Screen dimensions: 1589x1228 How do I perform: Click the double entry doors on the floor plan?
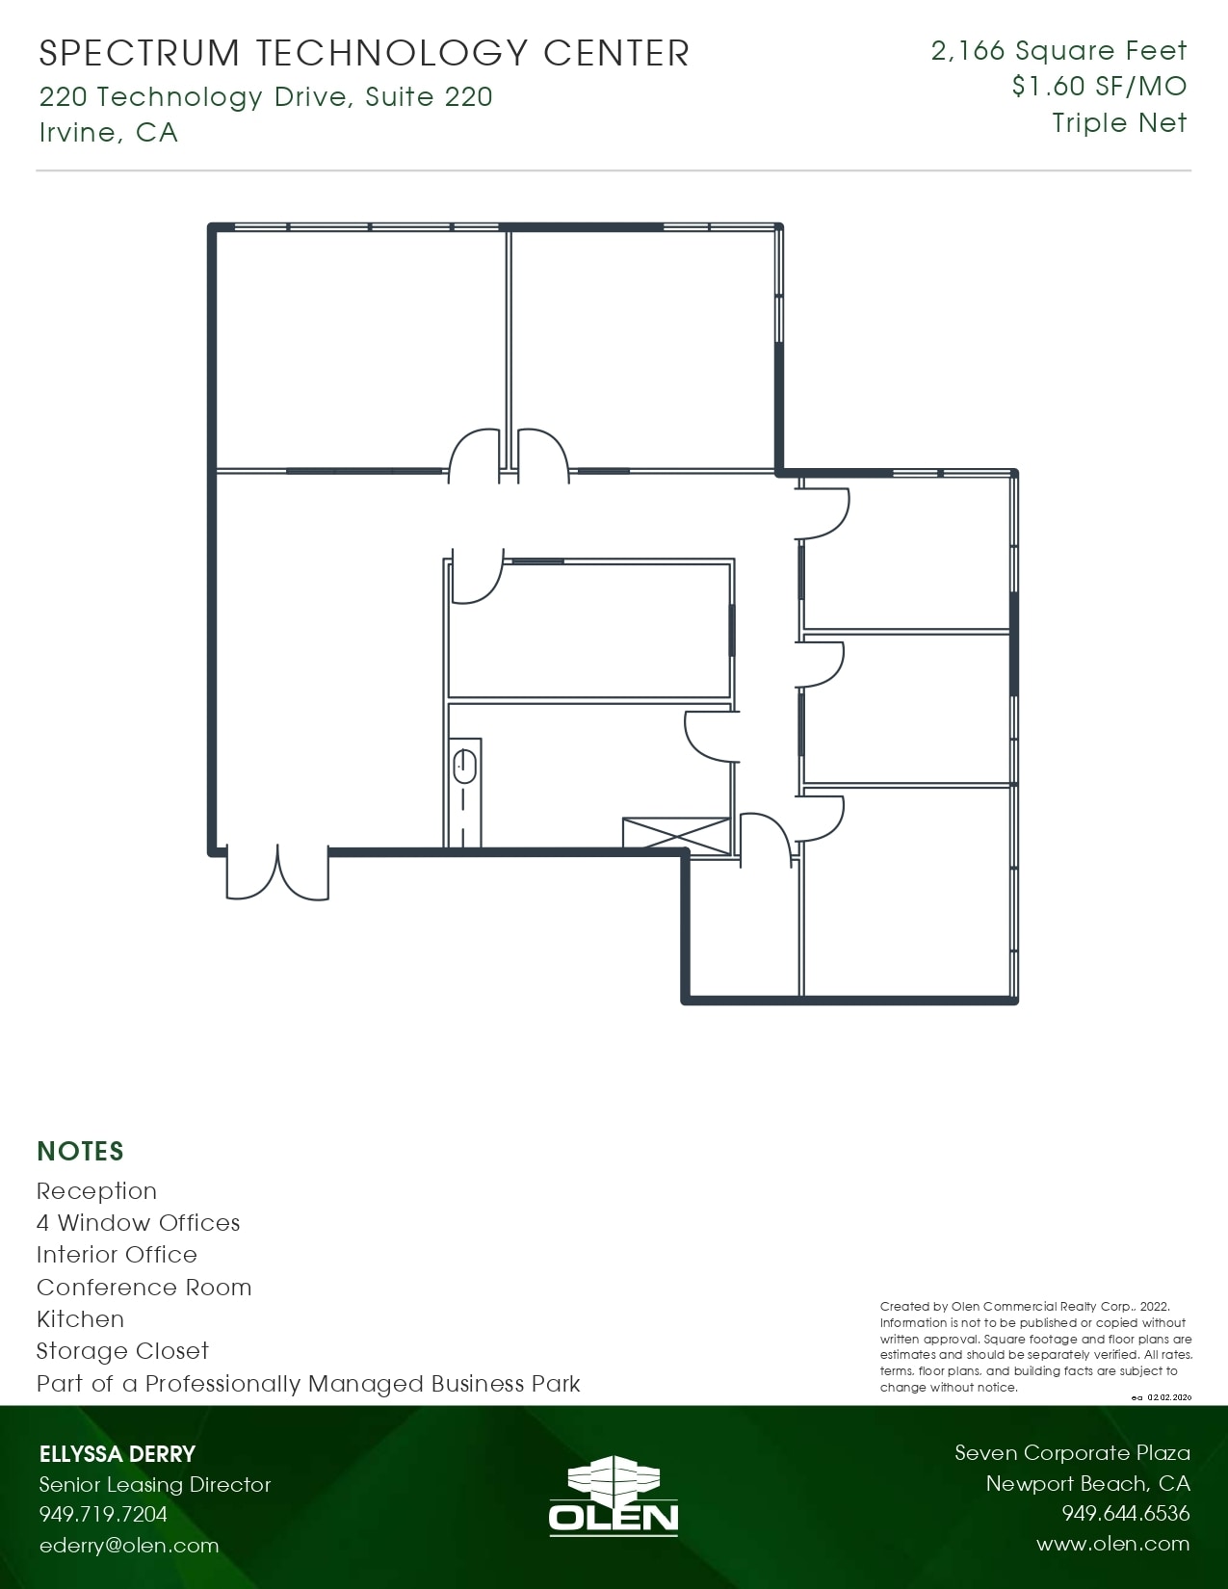pyautogui.click(x=277, y=873)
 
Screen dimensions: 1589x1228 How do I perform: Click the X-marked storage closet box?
pyautogui.click(x=676, y=834)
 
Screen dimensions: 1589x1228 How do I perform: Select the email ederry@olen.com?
pyautogui.click(x=129, y=1546)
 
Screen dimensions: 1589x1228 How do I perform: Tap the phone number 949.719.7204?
pyautogui.click(x=103, y=1515)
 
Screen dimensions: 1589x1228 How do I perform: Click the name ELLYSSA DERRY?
pyautogui.click(x=118, y=1454)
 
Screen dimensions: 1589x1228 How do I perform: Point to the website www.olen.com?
pyautogui.click(x=1112, y=1544)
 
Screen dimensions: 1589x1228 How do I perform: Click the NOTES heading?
pyautogui.click(x=81, y=1152)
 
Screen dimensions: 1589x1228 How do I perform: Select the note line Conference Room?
pyautogui.click(x=144, y=1288)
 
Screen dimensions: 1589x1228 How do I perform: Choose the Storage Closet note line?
pyautogui.click(x=123, y=1351)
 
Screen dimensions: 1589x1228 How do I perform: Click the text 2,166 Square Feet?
pyautogui.click(x=1058, y=51)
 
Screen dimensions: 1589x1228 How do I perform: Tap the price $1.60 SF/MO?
pyautogui.click(x=1099, y=87)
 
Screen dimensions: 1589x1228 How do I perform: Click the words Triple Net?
pyautogui.click(x=1119, y=123)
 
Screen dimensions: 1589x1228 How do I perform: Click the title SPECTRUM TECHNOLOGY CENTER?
pyautogui.click(x=364, y=54)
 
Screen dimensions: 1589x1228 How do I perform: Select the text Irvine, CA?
pyautogui.click(x=109, y=132)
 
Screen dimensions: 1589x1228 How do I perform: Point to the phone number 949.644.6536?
pyautogui.click(x=1125, y=1514)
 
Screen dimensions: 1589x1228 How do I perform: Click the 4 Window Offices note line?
pyautogui.click(x=139, y=1223)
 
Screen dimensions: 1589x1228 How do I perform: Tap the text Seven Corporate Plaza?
pyautogui.click(x=1072, y=1453)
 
